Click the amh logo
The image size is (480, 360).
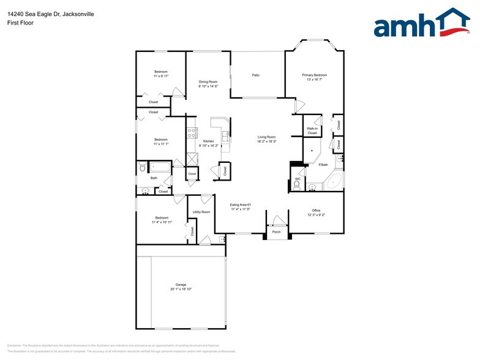coord(422,24)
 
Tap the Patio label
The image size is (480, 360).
coord(256,75)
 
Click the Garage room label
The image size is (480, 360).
coord(181,285)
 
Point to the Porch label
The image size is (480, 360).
coord(276,232)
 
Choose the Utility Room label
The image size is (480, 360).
coord(201,212)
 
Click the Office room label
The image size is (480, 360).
coord(316,211)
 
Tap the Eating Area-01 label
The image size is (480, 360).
coord(241,204)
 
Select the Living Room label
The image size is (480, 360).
coord(266,137)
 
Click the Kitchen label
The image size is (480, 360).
coord(208,141)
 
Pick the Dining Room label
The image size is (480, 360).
coord(208,81)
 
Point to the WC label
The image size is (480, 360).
coord(297,179)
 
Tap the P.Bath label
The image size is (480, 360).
coord(324,165)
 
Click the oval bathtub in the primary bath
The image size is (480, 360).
coord(333,182)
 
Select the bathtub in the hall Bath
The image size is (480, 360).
coord(161,167)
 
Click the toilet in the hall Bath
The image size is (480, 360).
coord(141,167)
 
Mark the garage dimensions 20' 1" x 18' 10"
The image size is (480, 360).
coord(181,289)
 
